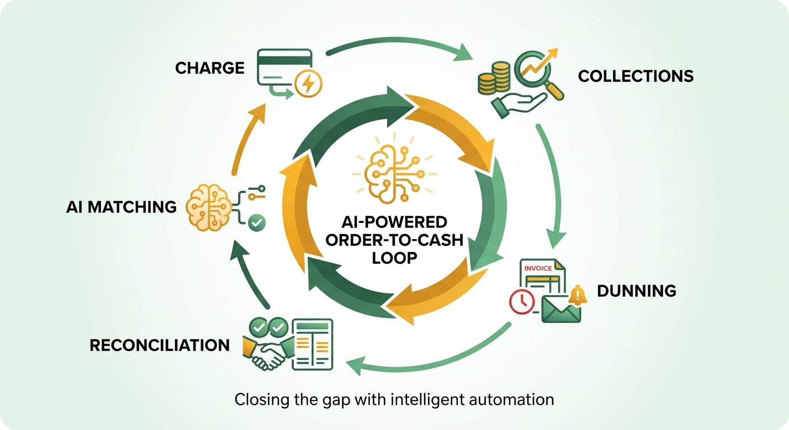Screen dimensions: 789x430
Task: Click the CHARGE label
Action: pos(210,68)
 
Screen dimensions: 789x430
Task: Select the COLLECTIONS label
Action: pos(636,76)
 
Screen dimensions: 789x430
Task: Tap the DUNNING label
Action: pos(637,291)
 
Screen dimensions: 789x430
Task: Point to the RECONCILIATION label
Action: pos(160,345)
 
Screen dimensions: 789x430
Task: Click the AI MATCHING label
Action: pos(121,207)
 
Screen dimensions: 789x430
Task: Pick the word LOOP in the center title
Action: pos(395,258)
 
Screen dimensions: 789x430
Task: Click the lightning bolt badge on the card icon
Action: pos(308,84)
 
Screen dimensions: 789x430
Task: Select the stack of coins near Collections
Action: pos(494,78)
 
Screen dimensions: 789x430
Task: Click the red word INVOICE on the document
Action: pos(538,268)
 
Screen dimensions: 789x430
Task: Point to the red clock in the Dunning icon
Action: pos(522,301)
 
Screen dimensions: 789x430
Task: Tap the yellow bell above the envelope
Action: pos(578,296)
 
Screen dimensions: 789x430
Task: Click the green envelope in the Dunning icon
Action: pos(561,310)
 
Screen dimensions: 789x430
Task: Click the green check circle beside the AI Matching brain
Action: pos(257,223)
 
